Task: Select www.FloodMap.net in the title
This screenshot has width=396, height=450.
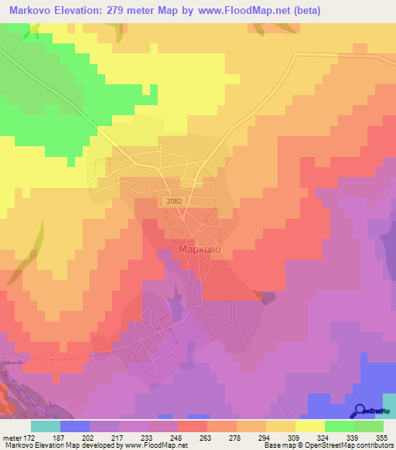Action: [x=237, y=11]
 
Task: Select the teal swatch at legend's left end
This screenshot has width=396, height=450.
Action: [x=45, y=426]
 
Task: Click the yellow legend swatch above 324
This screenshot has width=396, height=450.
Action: [x=309, y=426]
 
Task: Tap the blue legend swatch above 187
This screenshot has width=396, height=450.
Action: [x=74, y=426]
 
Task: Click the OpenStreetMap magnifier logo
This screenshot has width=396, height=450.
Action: [x=361, y=411]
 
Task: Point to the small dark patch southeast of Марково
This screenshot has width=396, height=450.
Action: [x=268, y=298]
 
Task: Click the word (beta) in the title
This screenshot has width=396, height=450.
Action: [x=303, y=11]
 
